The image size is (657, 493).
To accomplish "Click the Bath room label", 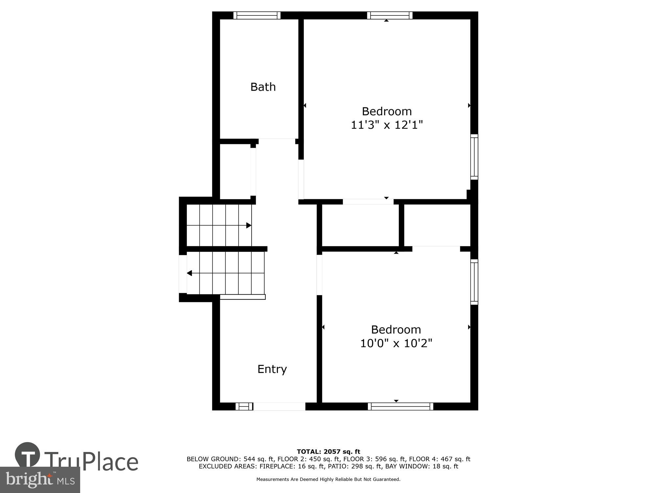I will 263,87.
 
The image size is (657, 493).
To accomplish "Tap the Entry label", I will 272,369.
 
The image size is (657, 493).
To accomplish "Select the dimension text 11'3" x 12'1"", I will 387,125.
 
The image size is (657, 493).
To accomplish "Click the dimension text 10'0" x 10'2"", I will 396,343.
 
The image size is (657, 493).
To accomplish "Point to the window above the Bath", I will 257,15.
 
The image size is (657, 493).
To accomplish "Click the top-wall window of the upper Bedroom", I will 390,15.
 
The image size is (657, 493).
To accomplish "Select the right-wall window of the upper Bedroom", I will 474,157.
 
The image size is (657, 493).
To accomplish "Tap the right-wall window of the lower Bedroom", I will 474,282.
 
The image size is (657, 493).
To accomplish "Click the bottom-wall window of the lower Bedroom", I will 400,407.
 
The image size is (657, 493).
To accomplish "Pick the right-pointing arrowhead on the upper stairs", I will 249,225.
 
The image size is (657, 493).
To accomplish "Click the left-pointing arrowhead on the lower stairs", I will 189,273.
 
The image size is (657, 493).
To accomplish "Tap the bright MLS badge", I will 40,480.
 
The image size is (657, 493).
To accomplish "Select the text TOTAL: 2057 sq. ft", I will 328,452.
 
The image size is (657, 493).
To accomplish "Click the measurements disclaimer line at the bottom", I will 328,480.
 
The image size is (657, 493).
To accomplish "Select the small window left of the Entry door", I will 244,407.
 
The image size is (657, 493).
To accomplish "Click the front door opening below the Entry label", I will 279,407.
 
